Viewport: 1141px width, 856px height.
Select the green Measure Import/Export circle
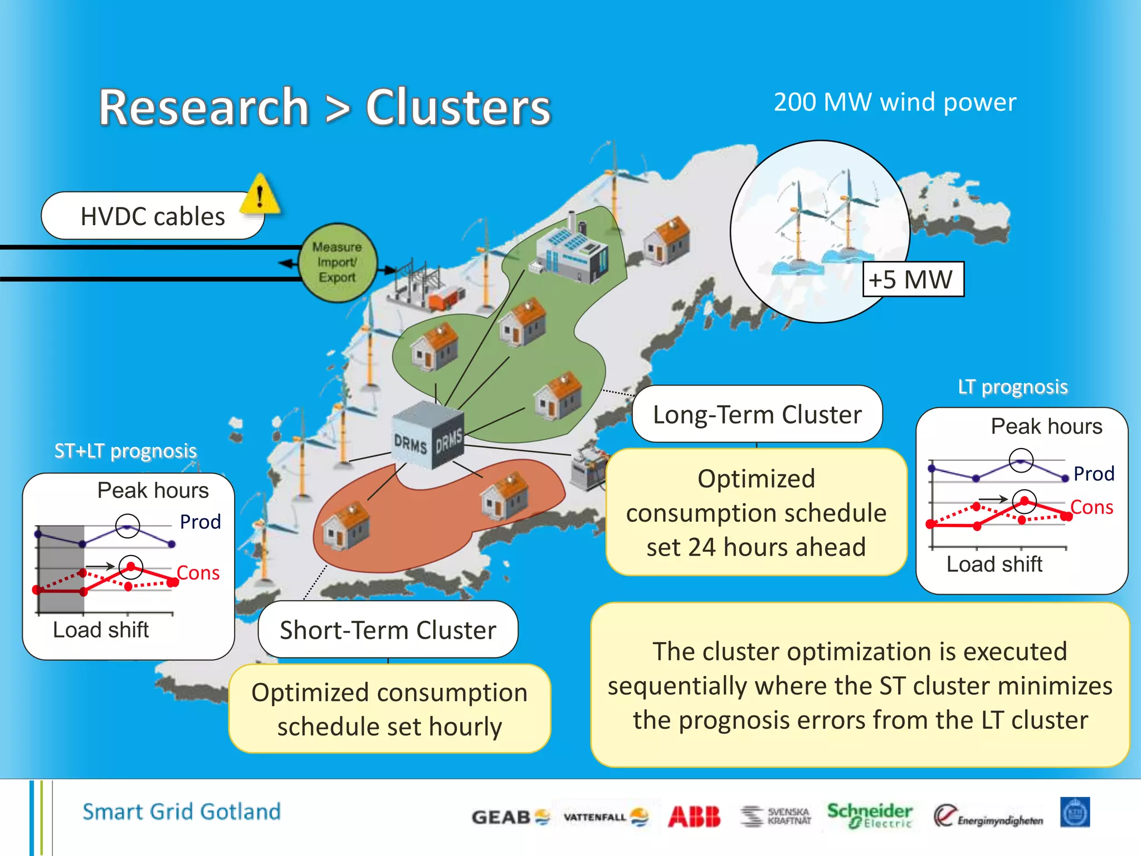click(337, 262)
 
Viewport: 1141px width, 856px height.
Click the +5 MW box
click(912, 279)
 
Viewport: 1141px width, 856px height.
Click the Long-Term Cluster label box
click(757, 415)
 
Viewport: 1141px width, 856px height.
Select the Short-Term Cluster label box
click(388, 630)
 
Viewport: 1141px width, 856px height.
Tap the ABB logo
click(694, 816)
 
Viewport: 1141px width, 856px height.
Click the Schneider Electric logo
click(869, 815)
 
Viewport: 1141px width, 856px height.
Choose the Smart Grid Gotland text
click(182, 811)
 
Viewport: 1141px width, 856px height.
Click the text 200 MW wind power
click(895, 103)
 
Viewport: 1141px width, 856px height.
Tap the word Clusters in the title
click(458, 108)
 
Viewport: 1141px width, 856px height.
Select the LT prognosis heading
click(1012, 387)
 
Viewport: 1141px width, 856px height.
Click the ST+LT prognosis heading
click(126, 450)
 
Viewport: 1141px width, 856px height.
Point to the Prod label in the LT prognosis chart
click(1093, 474)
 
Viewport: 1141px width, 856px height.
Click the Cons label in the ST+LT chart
click(198, 573)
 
